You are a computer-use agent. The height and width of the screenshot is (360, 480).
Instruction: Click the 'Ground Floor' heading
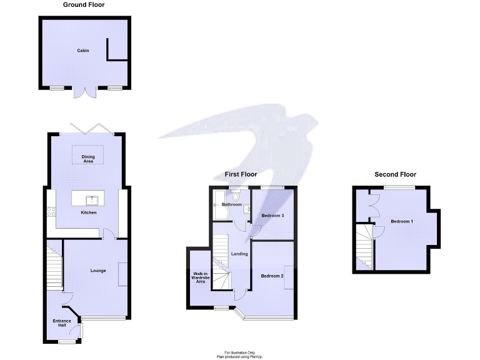[84, 5]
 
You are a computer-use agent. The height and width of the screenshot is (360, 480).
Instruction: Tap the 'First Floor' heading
[241, 174]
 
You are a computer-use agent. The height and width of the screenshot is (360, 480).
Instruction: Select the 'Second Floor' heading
[395, 174]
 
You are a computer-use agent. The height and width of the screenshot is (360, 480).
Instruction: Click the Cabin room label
[83, 50]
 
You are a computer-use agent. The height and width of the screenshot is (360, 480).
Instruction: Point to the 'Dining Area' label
[88, 159]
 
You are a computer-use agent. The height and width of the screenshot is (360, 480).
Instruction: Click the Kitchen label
[88, 213]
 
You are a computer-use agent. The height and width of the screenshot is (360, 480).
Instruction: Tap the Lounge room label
[97, 271]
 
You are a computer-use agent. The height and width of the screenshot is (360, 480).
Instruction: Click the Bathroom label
[231, 204]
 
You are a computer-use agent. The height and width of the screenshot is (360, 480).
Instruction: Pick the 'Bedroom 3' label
[272, 216]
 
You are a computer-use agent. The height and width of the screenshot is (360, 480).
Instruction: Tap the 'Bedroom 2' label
[272, 276]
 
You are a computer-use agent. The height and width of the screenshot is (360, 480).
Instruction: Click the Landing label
[239, 254]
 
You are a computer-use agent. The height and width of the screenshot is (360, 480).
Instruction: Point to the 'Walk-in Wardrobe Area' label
[199, 277]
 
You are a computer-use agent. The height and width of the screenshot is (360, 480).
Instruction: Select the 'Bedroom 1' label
[402, 221]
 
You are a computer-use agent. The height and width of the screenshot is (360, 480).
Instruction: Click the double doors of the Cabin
[83, 92]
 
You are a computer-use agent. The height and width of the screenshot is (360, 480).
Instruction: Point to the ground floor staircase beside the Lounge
[54, 266]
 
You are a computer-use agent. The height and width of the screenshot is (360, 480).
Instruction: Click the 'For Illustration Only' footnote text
[239, 352]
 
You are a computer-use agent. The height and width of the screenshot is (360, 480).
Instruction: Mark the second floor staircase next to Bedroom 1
[364, 247]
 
